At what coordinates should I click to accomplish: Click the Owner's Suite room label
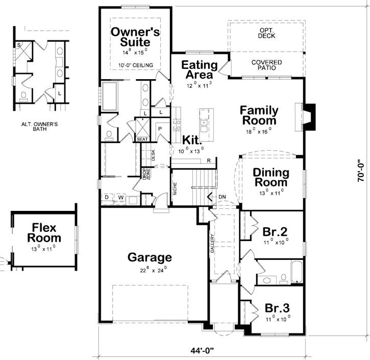tap(136, 37)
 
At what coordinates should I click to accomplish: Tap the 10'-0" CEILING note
tap(136, 65)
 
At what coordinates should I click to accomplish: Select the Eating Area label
tap(199, 70)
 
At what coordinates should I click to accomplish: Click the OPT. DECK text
tap(266, 34)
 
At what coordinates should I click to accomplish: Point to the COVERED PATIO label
tap(266, 65)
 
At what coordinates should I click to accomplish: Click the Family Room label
tap(259, 115)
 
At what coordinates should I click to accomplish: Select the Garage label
tap(150, 257)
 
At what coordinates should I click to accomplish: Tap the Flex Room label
tap(44, 233)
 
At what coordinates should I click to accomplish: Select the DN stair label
tap(222, 197)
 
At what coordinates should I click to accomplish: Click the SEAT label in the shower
tap(141, 139)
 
